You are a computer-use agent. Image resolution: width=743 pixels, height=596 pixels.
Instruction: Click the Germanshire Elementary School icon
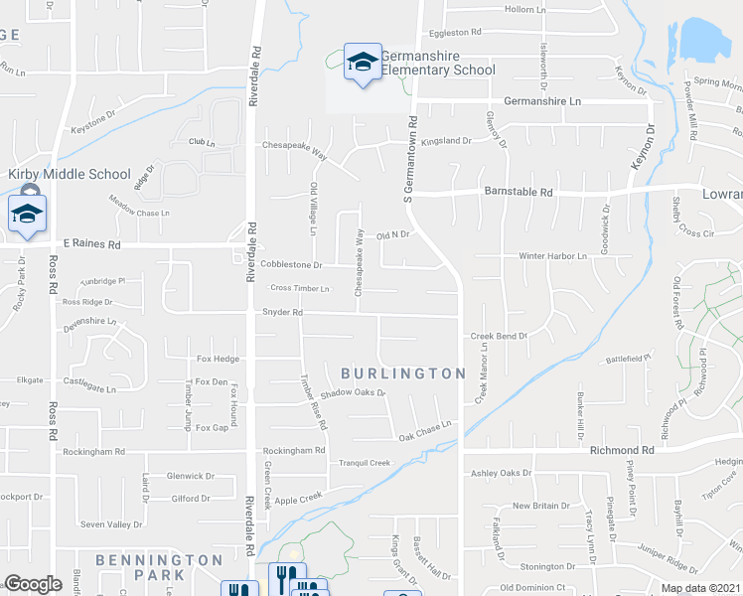point(362,63)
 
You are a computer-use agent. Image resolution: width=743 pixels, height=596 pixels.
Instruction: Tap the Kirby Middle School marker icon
point(28,213)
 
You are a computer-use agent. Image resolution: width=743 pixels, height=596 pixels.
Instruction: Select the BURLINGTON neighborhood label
point(402,373)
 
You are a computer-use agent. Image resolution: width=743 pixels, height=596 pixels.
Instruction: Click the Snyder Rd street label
point(281,312)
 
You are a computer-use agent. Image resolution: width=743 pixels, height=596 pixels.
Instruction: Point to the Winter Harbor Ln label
point(553,256)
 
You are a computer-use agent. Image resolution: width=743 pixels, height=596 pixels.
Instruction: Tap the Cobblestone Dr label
point(292,265)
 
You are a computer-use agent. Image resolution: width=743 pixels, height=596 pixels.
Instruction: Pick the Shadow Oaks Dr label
point(352,392)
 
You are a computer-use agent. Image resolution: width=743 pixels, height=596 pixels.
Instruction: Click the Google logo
point(33,584)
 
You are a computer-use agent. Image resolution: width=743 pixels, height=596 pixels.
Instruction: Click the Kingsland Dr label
point(446,141)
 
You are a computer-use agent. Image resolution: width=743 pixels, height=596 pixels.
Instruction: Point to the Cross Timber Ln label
point(299,288)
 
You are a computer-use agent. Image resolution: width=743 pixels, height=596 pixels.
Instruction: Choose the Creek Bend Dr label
point(499,337)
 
